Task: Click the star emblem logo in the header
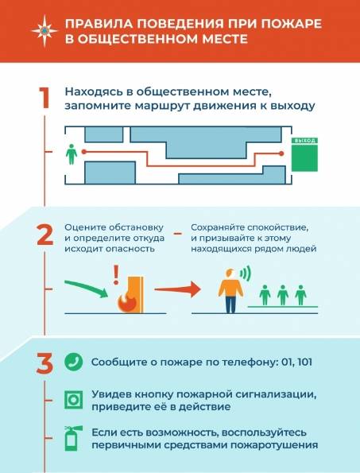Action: (x=45, y=31)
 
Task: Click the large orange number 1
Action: (x=45, y=98)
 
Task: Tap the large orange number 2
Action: (x=45, y=235)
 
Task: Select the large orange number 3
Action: (x=45, y=364)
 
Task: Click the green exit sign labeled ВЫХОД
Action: (x=304, y=154)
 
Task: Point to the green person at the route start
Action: (x=72, y=154)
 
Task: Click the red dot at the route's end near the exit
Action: (x=281, y=153)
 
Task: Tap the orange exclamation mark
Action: (x=116, y=274)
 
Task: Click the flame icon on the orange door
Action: (x=127, y=301)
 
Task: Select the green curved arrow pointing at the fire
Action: (x=87, y=289)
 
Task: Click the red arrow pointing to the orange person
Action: (x=177, y=289)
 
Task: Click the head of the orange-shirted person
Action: (x=231, y=273)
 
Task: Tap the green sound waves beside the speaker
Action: (x=246, y=273)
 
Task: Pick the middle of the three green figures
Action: (x=283, y=295)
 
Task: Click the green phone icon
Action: (x=74, y=362)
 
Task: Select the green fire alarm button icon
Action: (x=74, y=400)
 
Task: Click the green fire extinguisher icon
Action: (x=73, y=438)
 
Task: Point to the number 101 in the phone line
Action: (x=304, y=362)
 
